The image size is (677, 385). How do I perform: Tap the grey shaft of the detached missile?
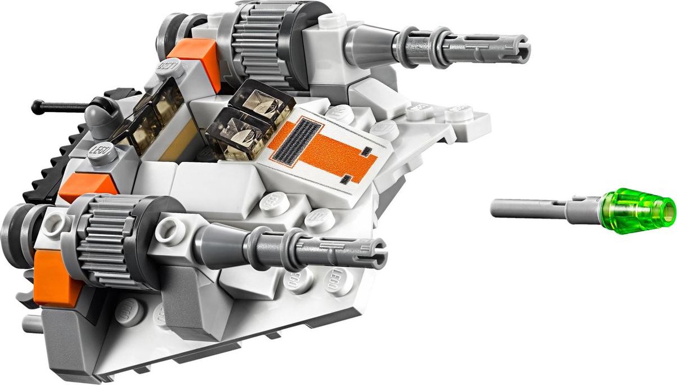[530, 208]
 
